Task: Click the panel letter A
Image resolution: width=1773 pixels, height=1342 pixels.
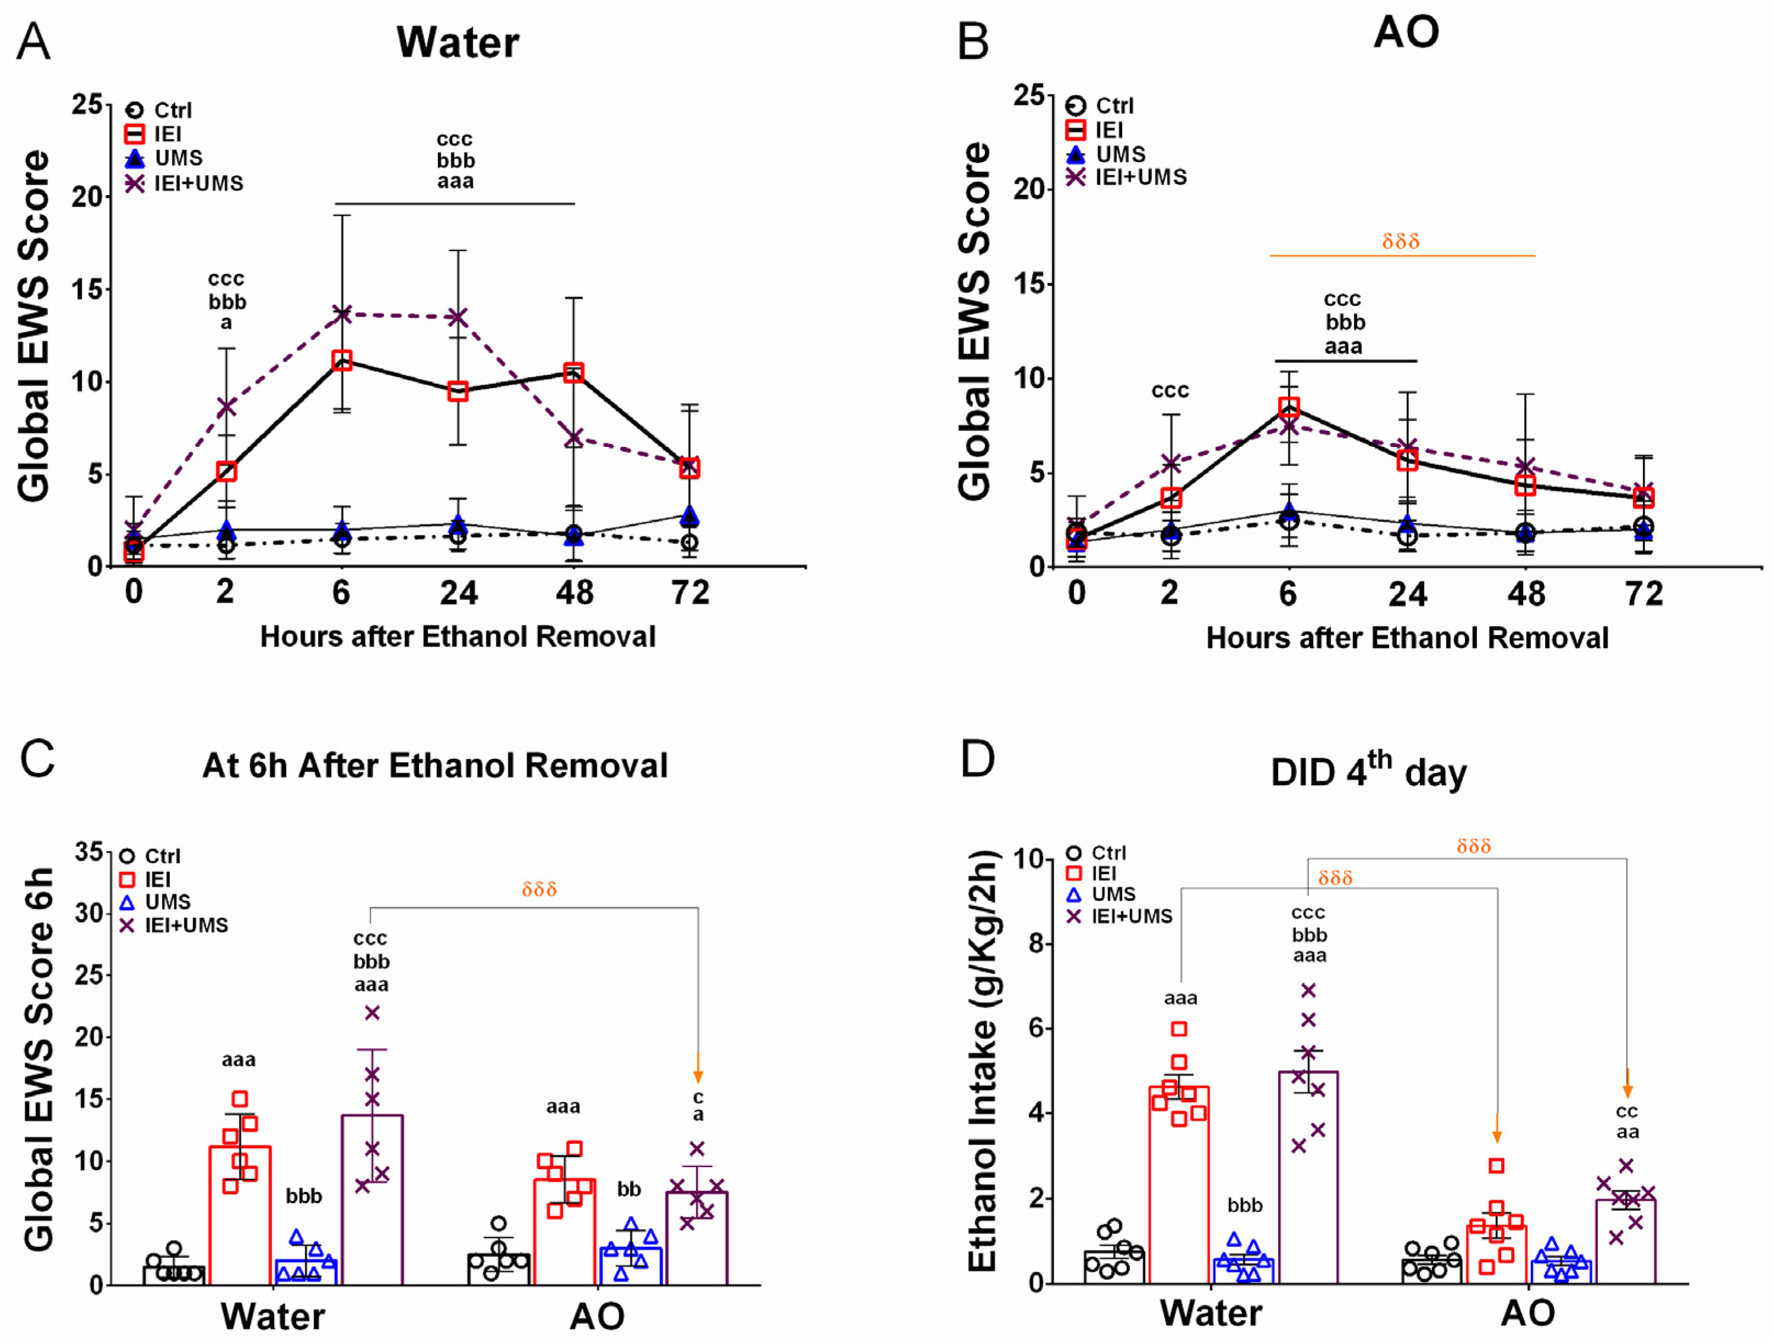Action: click(x=33, y=42)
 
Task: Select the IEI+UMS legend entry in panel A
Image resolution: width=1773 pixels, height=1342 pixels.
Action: click(x=184, y=183)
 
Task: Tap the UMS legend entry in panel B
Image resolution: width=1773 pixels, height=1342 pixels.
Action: click(x=1105, y=154)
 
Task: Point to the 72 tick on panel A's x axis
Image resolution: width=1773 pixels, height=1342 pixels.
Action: click(x=690, y=593)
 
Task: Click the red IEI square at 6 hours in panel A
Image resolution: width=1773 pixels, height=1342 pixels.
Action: click(x=342, y=360)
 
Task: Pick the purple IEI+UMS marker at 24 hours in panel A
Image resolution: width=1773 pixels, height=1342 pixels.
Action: click(x=458, y=317)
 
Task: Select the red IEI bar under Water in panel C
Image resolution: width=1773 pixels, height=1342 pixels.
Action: click(x=239, y=1215)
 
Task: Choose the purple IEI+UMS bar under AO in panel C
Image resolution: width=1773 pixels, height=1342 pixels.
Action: click(x=697, y=1239)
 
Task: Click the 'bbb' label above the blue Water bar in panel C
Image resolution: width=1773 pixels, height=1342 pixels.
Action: click(x=304, y=1196)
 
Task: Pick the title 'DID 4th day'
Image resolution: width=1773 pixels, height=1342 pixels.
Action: click(x=1368, y=771)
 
